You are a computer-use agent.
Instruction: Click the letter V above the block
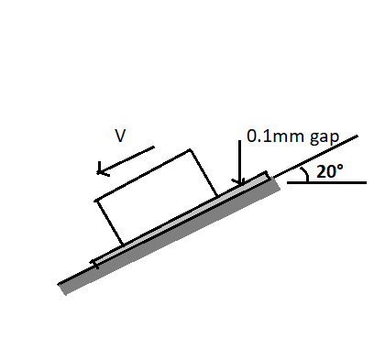click(x=120, y=136)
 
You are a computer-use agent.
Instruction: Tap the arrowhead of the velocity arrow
click(x=98, y=169)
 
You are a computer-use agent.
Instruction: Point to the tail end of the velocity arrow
click(x=154, y=146)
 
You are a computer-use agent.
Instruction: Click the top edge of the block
click(x=142, y=174)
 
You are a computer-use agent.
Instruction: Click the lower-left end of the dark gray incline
click(x=62, y=289)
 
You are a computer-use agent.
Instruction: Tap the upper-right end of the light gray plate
click(x=267, y=173)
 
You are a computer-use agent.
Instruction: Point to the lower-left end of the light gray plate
click(x=94, y=264)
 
